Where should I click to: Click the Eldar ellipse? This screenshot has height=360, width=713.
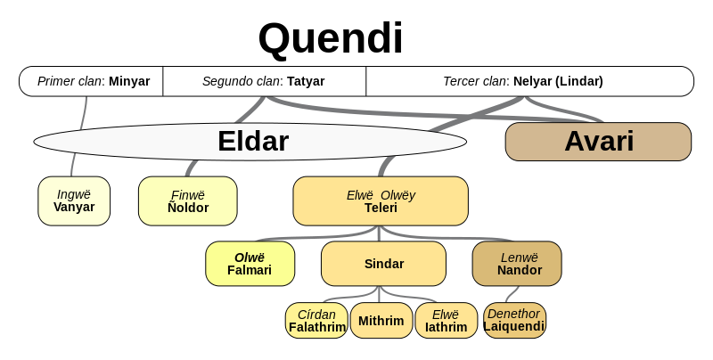[x=250, y=142]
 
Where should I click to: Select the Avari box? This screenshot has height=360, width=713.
[x=598, y=142]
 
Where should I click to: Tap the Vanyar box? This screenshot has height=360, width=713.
[x=74, y=200]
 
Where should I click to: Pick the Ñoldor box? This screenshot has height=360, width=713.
[x=187, y=200]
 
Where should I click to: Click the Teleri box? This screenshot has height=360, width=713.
[x=381, y=200]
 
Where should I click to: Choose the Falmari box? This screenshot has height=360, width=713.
[x=250, y=264]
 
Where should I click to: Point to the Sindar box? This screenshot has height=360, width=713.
[x=383, y=264]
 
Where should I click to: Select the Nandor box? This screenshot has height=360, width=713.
[x=517, y=264]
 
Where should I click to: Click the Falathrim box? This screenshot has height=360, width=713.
[x=316, y=321]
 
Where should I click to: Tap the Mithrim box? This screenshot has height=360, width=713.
[x=381, y=321]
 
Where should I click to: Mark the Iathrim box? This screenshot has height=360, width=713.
[x=446, y=321]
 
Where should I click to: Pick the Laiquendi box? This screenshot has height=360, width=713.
[x=514, y=321]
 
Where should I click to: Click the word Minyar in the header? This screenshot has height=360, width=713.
[x=129, y=81]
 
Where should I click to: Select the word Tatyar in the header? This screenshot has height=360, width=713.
[x=306, y=81]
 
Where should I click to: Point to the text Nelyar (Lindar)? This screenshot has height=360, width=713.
[x=558, y=81]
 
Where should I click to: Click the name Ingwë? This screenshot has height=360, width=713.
[x=74, y=194]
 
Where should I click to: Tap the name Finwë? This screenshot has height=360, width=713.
[x=187, y=195]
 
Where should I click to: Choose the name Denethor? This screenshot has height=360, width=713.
[x=513, y=314]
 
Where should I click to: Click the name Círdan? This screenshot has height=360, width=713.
[x=316, y=315]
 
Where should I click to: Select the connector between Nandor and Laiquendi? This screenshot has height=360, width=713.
[x=512, y=294]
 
